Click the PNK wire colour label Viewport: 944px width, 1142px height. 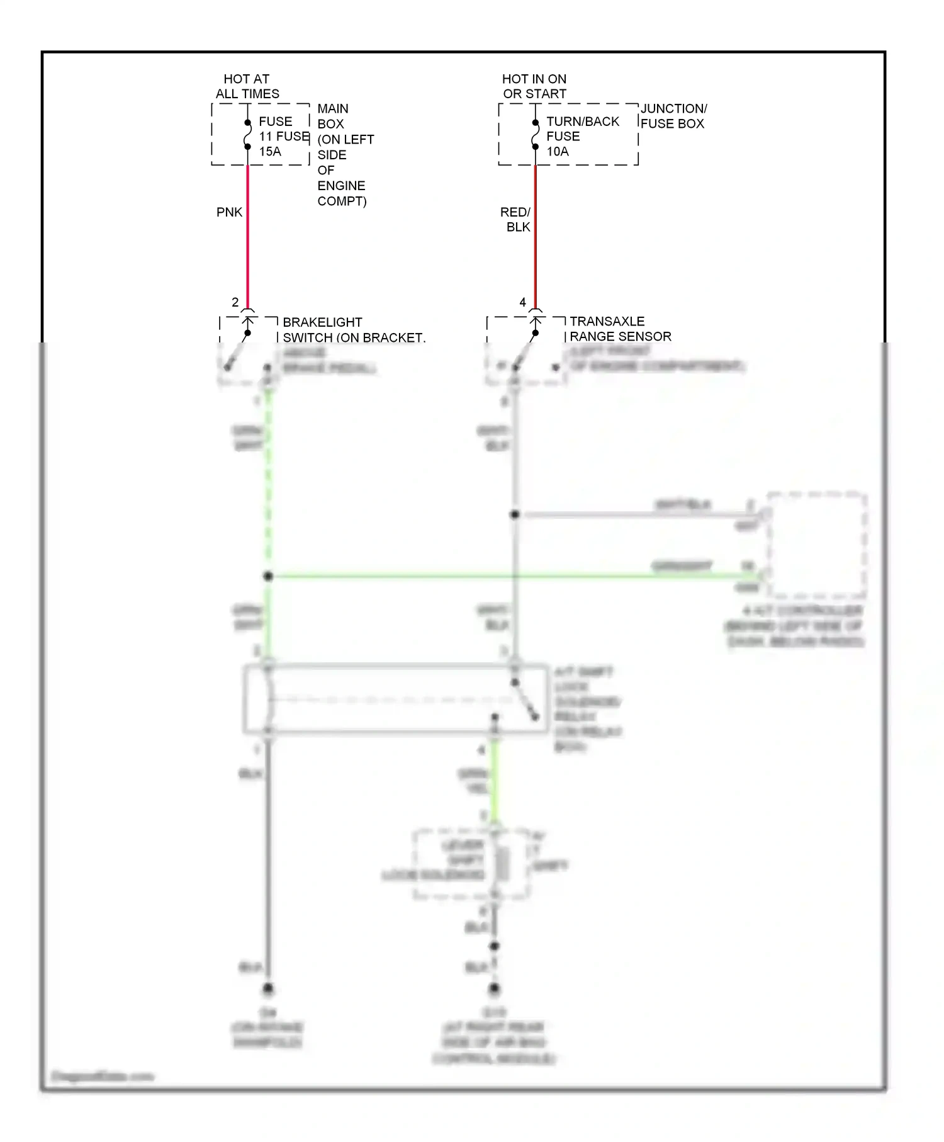pos(229,212)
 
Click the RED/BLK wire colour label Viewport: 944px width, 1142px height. pos(515,219)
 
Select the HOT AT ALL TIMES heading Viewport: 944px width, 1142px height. pos(247,86)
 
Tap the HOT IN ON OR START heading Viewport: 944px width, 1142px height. pos(534,86)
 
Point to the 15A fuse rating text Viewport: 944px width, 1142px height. pos(270,151)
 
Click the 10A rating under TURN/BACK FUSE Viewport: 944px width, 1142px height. pos(558,151)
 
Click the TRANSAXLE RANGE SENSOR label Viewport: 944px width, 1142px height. pos(620,329)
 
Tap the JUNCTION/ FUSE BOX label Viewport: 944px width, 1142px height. pos(673,116)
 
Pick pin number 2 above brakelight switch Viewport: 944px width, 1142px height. pos(235,302)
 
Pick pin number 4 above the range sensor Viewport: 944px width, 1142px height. pos(522,302)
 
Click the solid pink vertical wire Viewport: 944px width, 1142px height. pos(247,239)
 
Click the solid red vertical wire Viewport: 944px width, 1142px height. pos(535,239)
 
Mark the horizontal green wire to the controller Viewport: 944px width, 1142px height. pos(503,575)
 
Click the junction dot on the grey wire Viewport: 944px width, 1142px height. pos(515,514)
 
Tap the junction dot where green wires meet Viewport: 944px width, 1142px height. pos(268,576)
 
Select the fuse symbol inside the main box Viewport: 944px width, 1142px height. pos(247,135)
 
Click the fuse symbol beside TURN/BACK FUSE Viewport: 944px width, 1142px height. pos(535,135)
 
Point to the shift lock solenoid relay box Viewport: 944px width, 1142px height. pos(395,699)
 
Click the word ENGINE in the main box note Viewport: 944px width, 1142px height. pos(341,186)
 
